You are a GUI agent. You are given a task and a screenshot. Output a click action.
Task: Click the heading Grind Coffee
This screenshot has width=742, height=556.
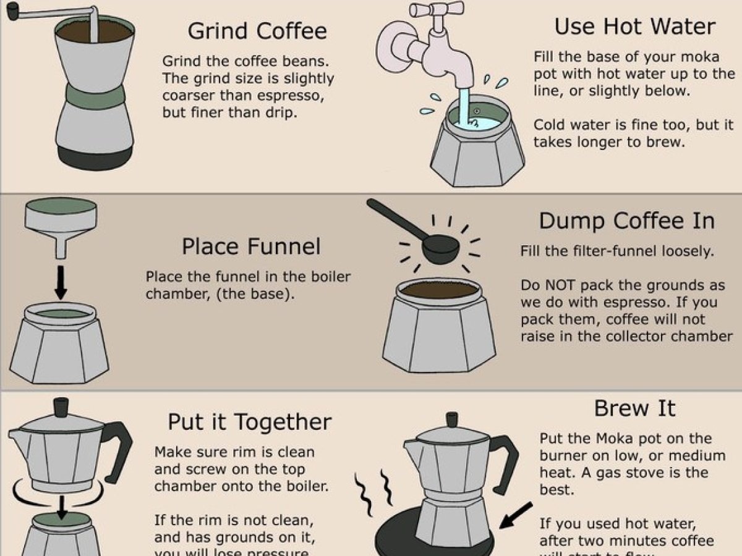point(257,31)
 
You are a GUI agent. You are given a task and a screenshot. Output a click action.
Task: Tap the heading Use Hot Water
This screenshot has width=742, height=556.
point(635,26)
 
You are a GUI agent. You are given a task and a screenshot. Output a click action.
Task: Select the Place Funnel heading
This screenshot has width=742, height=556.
point(251,246)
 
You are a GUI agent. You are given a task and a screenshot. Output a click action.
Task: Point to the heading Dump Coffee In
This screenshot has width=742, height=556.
point(627,221)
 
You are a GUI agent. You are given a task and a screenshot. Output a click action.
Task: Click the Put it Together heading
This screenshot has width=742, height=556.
point(249,423)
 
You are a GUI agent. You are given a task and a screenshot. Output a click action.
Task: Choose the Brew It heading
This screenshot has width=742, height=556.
point(634,408)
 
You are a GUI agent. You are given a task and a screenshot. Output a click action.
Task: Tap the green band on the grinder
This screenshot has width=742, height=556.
point(94,96)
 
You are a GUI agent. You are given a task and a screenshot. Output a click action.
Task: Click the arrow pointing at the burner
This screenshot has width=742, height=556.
point(516,515)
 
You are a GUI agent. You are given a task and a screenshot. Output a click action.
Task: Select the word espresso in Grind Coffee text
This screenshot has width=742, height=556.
point(291,96)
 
